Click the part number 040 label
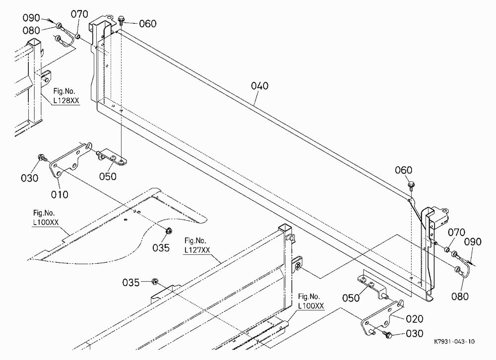pos(260,86)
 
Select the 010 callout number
pos(60,194)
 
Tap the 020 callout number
pos(414,319)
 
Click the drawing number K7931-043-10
pos(454,342)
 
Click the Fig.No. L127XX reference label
pos(197,245)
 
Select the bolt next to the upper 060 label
pos(121,20)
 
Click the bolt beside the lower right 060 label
pos(411,185)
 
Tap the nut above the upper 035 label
pos(169,231)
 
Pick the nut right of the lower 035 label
pos(155,281)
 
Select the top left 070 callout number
pos(79,14)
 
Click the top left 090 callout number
pos(31,18)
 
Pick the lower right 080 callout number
pos(460,297)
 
